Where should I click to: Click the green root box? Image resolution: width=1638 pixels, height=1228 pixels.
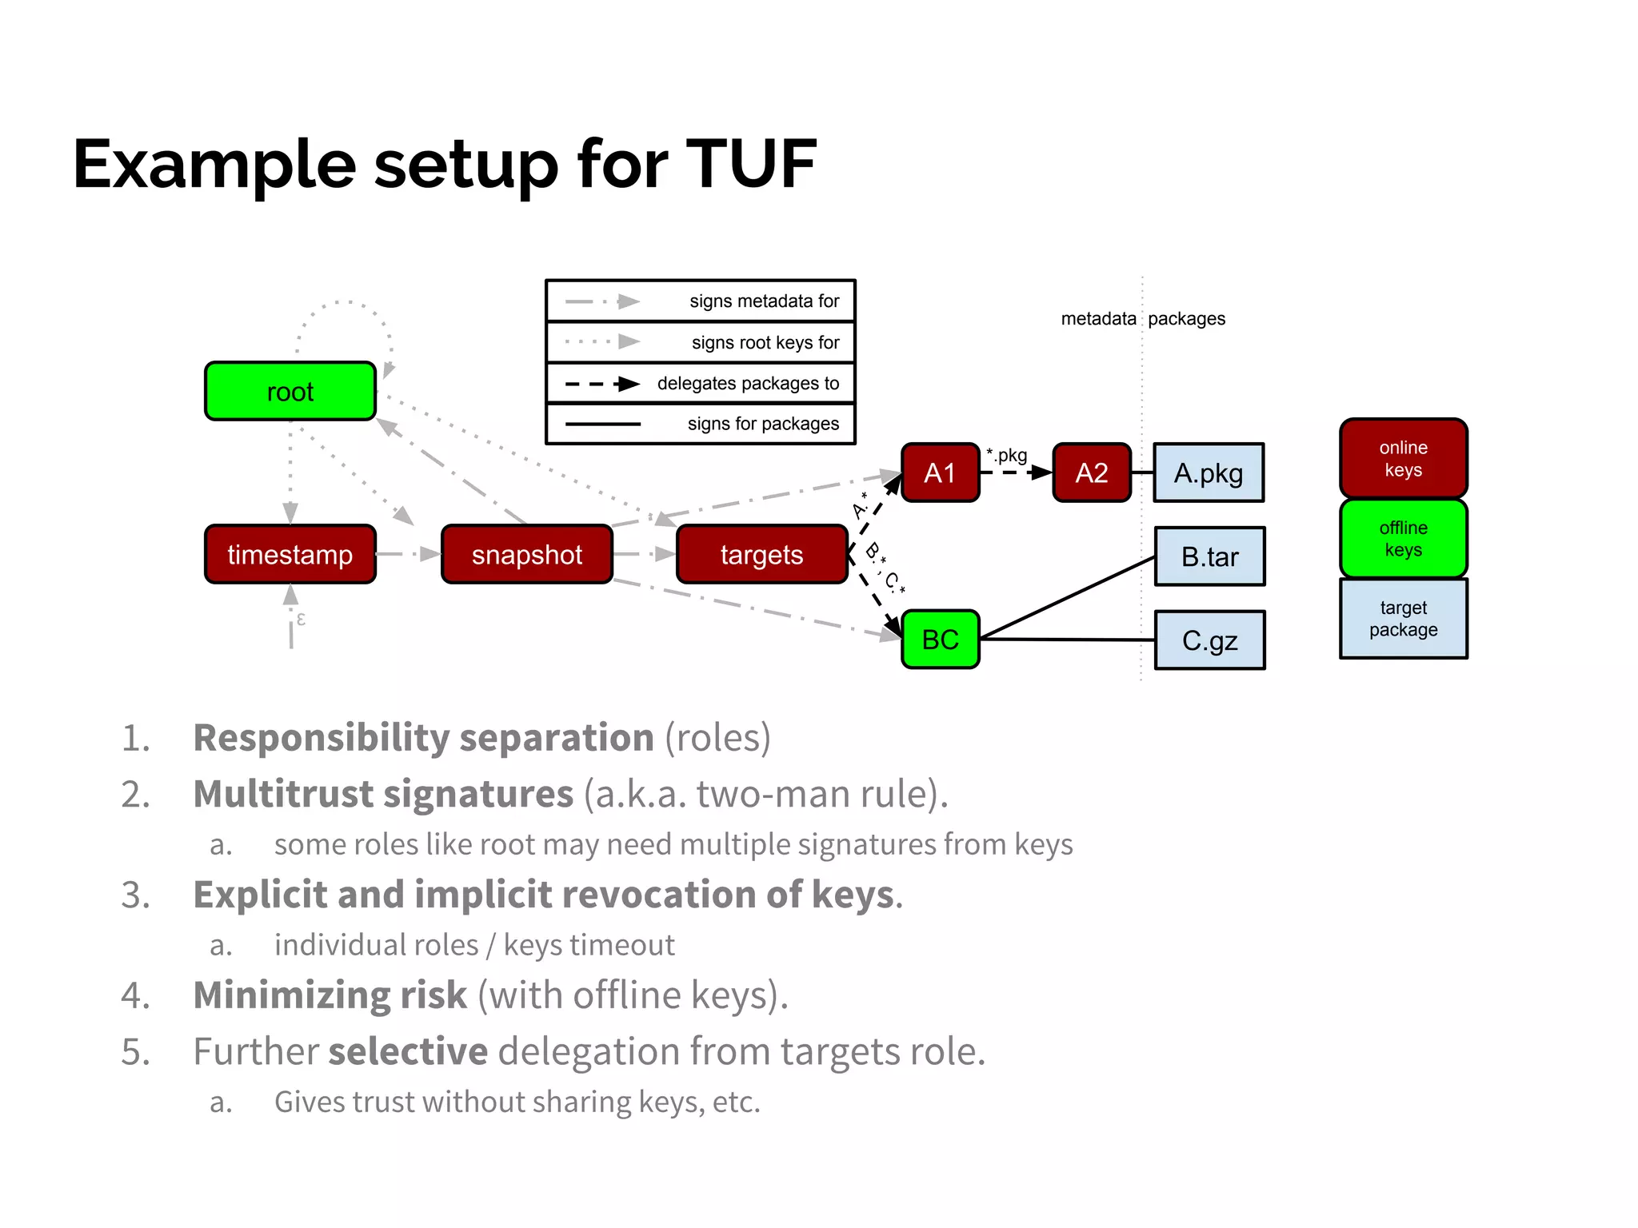(x=290, y=391)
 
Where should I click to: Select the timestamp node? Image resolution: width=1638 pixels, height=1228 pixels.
(x=290, y=554)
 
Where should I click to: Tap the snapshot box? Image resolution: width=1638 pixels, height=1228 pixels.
(x=526, y=554)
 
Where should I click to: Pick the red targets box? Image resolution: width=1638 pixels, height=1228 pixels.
(x=761, y=554)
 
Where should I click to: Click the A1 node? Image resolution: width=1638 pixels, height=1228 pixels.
(x=940, y=472)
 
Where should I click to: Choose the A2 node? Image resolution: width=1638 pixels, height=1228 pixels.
(x=1091, y=472)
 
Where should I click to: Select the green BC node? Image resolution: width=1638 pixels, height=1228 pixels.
(x=940, y=639)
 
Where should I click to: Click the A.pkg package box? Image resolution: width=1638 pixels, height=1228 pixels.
(x=1208, y=472)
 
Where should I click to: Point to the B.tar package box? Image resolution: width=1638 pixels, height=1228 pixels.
(x=1209, y=556)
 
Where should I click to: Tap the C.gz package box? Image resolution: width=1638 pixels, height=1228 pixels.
(x=1209, y=640)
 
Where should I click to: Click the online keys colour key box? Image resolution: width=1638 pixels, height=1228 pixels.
(x=1403, y=458)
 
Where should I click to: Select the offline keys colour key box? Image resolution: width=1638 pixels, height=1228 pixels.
(x=1403, y=538)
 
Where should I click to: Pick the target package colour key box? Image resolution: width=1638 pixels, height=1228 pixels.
(x=1403, y=618)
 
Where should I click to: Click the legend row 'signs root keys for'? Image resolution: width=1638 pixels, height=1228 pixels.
(x=700, y=342)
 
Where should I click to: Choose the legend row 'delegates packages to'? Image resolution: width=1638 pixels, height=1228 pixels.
(x=700, y=383)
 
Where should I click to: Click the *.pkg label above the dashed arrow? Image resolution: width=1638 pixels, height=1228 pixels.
(x=1007, y=455)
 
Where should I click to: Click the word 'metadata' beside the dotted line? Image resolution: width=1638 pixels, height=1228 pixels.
(x=1097, y=318)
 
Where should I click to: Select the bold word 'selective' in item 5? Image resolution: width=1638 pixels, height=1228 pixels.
(x=408, y=1051)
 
